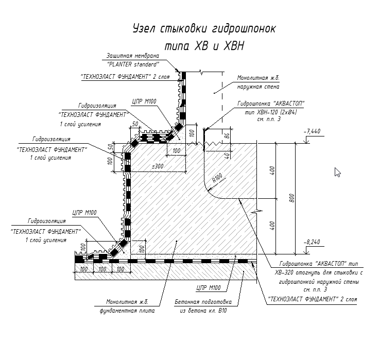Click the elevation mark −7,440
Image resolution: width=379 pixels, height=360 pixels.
[312, 131]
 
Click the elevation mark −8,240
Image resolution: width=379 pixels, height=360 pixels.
[312, 241]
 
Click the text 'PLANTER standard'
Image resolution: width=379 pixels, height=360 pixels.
[133, 64]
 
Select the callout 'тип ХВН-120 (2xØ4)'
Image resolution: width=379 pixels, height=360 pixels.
[269, 111]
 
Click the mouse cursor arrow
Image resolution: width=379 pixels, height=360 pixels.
[338, 172]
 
